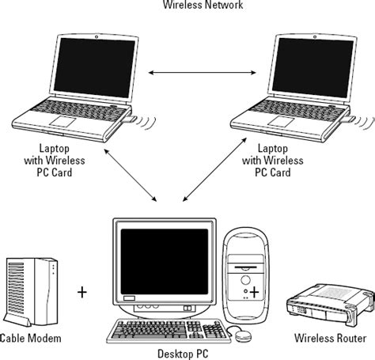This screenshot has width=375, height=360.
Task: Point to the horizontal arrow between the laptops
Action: pos(190,74)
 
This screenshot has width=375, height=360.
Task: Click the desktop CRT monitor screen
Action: pos(164,257)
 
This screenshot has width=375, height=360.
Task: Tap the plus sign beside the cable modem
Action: pos(82,292)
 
